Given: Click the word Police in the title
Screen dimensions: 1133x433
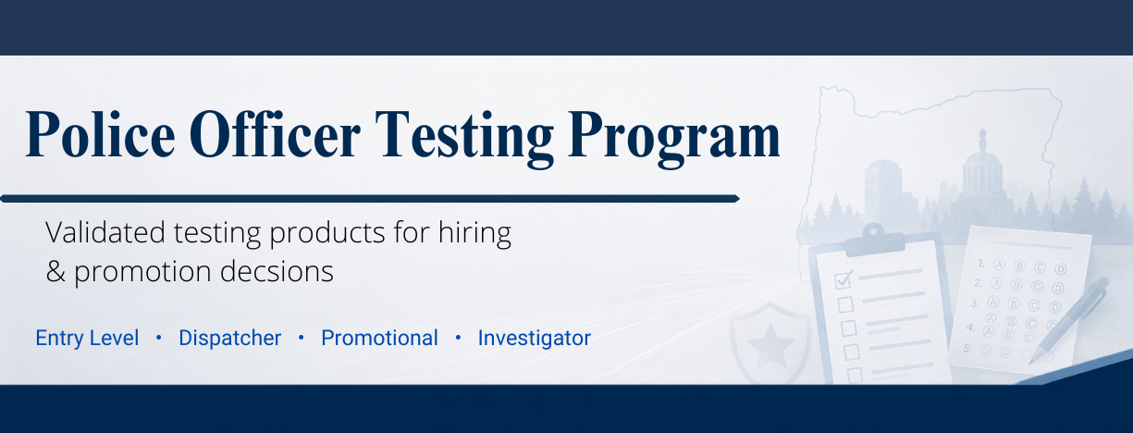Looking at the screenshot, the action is tap(100, 135).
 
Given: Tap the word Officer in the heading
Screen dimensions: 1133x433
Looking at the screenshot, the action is tap(276, 134).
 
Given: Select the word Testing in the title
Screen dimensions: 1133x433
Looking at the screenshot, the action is tap(464, 138).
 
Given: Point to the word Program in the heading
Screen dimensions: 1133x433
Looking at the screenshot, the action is tap(674, 139).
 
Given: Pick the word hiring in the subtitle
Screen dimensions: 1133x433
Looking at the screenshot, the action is tap(474, 234).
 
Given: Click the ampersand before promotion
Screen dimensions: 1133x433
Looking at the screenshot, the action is tap(55, 271).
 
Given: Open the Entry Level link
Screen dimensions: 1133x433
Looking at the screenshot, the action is tap(87, 338).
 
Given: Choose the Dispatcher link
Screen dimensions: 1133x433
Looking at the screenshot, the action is tap(229, 338).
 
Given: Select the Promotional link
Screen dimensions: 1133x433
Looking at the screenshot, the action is tap(379, 338).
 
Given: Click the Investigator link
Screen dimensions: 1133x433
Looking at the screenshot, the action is tap(535, 338).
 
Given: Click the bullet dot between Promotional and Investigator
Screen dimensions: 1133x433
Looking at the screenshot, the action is tap(458, 338).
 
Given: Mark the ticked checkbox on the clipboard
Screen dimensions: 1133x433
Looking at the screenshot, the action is tap(844, 279).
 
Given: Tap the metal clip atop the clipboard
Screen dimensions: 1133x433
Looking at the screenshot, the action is tap(874, 240).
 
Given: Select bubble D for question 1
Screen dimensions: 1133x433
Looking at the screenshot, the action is tap(1061, 269).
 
